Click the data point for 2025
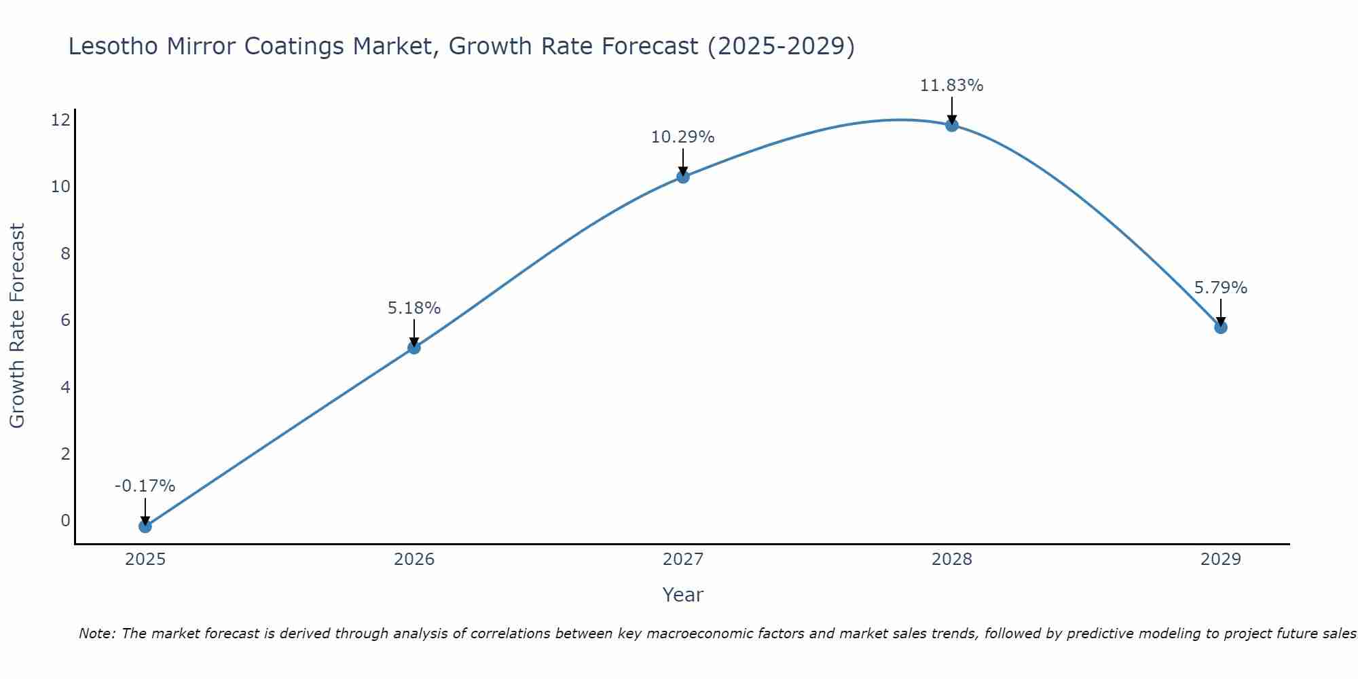pos(145,526)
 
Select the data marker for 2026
pos(414,348)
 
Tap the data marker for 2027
pos(683,177)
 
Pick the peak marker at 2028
pos(952,125)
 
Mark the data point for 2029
pos(1221,327)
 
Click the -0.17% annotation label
pos(145,486)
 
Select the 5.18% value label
pos(414,308)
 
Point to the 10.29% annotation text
pos(682,137)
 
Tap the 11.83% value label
pos(951,86)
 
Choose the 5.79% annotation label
pos(1220,288)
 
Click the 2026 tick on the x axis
pos(414,559)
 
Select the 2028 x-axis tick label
pos(952,559)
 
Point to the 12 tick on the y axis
pos(60,120)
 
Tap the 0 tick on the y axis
pos(65,521)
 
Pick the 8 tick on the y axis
pos(65,254)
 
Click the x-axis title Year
pos(682,595)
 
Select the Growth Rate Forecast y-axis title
pos(17,325)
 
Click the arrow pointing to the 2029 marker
pos(1221,312)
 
